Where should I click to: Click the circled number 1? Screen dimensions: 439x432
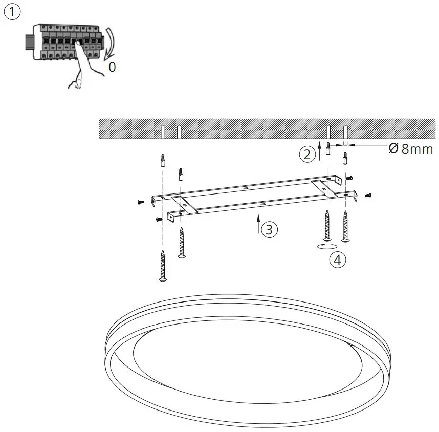tap(12, 12)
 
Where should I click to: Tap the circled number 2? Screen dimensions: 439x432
tap(307, 154)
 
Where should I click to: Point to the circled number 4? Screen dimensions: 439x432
tap(337, 260)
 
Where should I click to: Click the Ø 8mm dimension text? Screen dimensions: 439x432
tap(411, 149)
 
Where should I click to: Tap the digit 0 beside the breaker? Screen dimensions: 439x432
tap(112, 67)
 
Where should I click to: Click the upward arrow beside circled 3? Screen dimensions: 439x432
tap(259, 225)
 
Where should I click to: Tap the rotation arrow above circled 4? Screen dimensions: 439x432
tap(325, 246)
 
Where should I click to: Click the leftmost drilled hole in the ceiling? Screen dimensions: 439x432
tap(162, 132)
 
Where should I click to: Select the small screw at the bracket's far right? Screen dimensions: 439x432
tap(368, 195)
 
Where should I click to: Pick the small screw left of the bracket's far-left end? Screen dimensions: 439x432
tap(141, 202)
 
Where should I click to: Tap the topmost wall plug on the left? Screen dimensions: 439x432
tap(163, 160)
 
